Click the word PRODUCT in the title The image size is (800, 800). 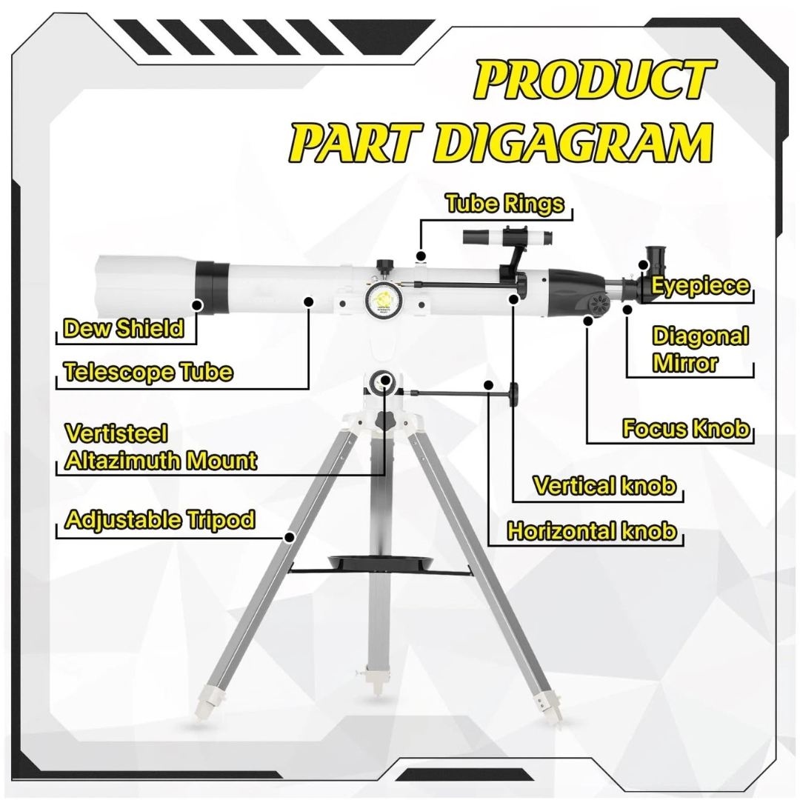[595, 79]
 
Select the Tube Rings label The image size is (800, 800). [505, 203]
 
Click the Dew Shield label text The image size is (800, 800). [124, 328]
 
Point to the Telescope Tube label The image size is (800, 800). [148, 372]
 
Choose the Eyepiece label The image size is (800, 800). [701, 286]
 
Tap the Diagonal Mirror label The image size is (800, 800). [701, 350]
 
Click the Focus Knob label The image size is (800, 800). [686, 428]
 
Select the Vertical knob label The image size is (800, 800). [604, 485]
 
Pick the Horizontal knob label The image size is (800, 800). [593, 531]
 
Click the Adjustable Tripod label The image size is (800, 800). [160, 520]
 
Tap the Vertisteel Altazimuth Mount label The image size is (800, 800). [161, 447]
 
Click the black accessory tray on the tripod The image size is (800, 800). [381, 562]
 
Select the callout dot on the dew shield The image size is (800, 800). [197, 306]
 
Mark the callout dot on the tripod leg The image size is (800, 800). [290, 537]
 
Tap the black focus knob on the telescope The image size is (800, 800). [599, 304]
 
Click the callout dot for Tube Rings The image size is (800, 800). [421, 256]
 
